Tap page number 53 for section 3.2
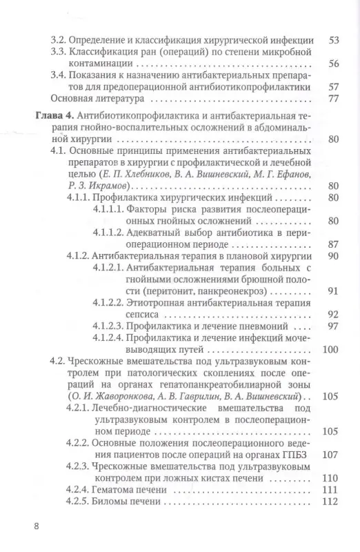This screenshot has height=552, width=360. [334, 40]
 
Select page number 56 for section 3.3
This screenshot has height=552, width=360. [334, 64]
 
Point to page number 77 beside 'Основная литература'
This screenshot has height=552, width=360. [334, 100]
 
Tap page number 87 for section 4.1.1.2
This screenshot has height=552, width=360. [334, 245]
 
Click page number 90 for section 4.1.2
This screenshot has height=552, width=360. [334, 257]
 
